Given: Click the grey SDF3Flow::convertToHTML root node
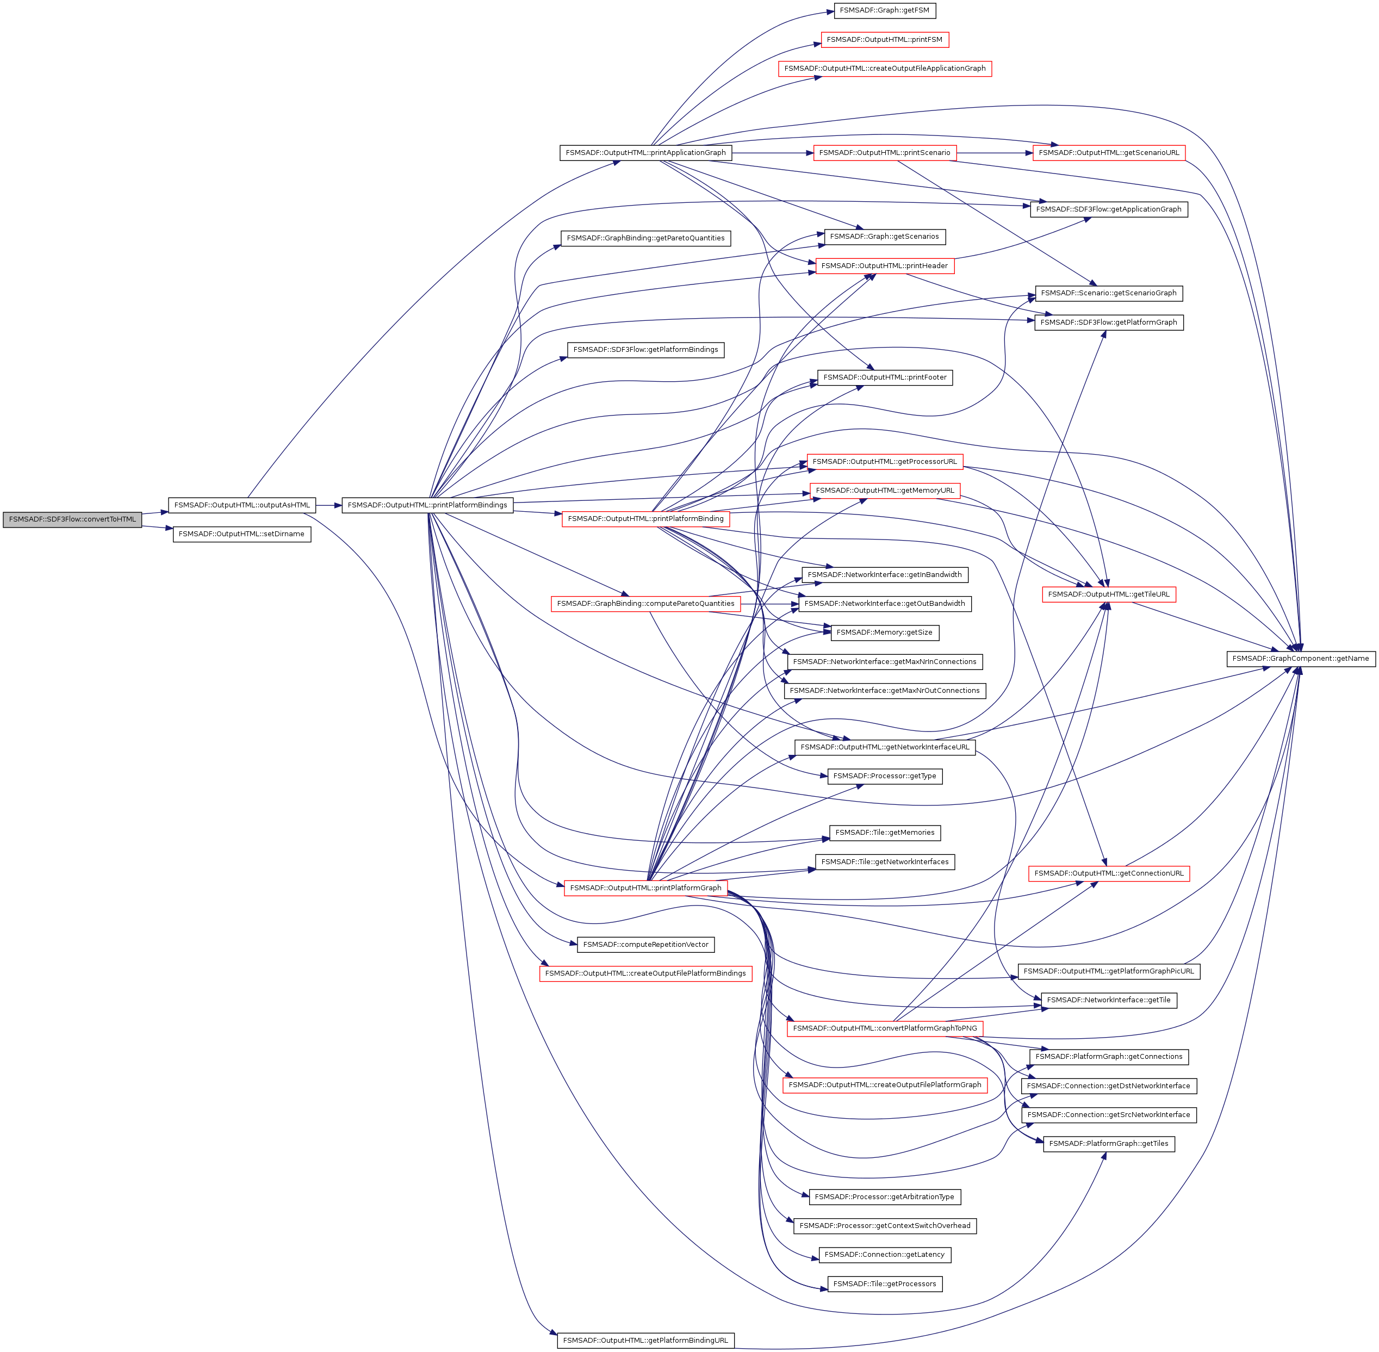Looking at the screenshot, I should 72,519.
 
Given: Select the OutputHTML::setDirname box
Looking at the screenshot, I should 241,534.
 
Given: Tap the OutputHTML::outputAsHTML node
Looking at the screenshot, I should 241,505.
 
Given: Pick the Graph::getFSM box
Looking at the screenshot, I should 884,11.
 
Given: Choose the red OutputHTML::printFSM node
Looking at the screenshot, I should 884,40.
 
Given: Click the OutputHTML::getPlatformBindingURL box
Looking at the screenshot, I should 645,1340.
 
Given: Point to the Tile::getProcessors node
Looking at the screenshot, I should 884,1284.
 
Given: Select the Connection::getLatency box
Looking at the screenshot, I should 884,1255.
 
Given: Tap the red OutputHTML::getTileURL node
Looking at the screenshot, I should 1108,594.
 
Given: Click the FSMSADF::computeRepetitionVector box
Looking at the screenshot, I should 645,945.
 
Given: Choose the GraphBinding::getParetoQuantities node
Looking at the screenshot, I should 645,238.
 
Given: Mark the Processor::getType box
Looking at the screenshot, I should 884,776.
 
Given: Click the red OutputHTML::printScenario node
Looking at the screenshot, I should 884,153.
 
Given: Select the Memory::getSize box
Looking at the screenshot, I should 884,632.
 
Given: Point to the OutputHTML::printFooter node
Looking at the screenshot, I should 884,377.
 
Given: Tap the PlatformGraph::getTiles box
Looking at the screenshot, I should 1108,1143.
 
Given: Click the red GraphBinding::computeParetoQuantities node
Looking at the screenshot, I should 645,604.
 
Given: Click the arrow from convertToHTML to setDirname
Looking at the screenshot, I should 158,528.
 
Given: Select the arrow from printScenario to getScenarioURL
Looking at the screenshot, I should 994,153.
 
